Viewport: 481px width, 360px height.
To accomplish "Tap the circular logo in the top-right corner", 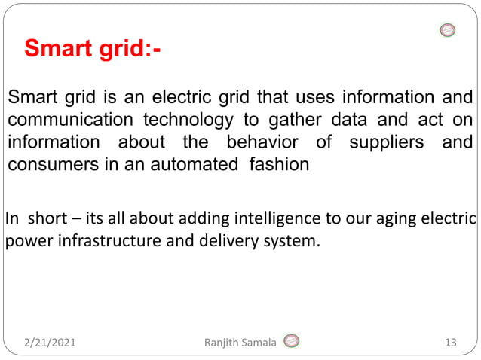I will pyautogui.click(x=447, y=31).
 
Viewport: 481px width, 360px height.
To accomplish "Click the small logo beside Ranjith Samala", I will pyautogui.click(x=291, y=342).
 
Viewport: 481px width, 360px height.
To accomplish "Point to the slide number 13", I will pyautogui.click(x=451, y=343).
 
